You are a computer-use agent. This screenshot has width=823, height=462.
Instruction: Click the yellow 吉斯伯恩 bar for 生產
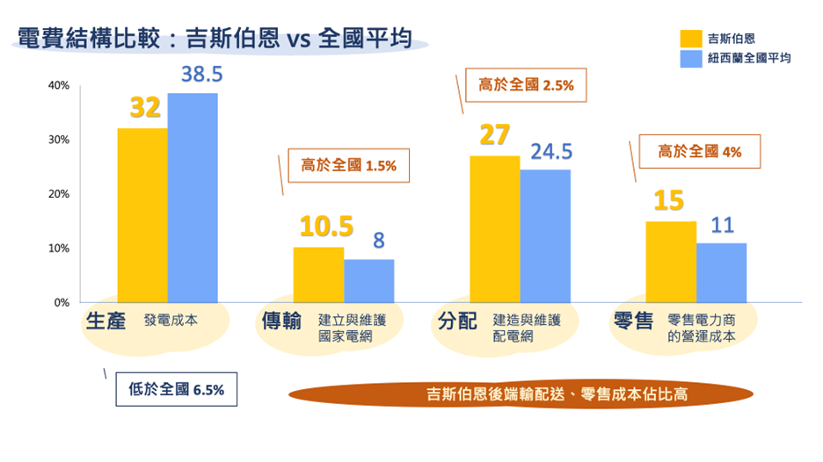pos(142,215)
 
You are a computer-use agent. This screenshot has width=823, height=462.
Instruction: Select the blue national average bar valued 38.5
pos(193,198)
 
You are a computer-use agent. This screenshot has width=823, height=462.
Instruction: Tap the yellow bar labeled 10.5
pos(318,275)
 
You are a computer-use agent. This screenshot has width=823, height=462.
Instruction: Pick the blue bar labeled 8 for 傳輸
pos(369,281)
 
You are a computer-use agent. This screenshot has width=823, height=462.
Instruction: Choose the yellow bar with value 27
pos(494,229)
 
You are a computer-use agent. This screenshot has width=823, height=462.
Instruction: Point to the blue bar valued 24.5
pos(545,236)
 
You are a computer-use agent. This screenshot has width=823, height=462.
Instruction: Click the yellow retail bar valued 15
pos(671,262)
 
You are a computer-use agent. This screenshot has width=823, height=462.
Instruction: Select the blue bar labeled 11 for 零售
pos(721,272)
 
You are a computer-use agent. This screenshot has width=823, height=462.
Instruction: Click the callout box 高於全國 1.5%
pos(349,165)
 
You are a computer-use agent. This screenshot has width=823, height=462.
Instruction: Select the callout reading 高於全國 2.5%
pos(526,86)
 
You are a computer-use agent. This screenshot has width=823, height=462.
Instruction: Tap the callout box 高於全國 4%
pos(700,151)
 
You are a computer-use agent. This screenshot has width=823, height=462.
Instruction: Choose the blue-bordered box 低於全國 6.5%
pos(177,390)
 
